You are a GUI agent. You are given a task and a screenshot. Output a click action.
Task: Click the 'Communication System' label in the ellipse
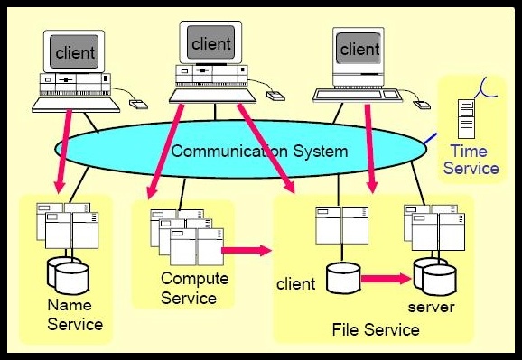tap(259, 151)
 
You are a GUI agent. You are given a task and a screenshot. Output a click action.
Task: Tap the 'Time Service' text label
tap(475, 160)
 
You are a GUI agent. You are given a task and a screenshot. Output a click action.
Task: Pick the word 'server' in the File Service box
tap(430, 307)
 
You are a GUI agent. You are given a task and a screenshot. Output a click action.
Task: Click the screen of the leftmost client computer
tap(75, 53)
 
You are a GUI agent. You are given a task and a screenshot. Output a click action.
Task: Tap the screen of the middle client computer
tap(211, 42)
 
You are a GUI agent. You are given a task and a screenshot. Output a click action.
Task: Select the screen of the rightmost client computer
tap(359, 49)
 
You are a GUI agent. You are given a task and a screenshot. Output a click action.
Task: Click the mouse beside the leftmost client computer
tap(137, 104)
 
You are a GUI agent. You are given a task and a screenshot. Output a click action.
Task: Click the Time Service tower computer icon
tap(466, 117)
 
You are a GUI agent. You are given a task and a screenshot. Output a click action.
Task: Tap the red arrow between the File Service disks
tap(383, 279)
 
